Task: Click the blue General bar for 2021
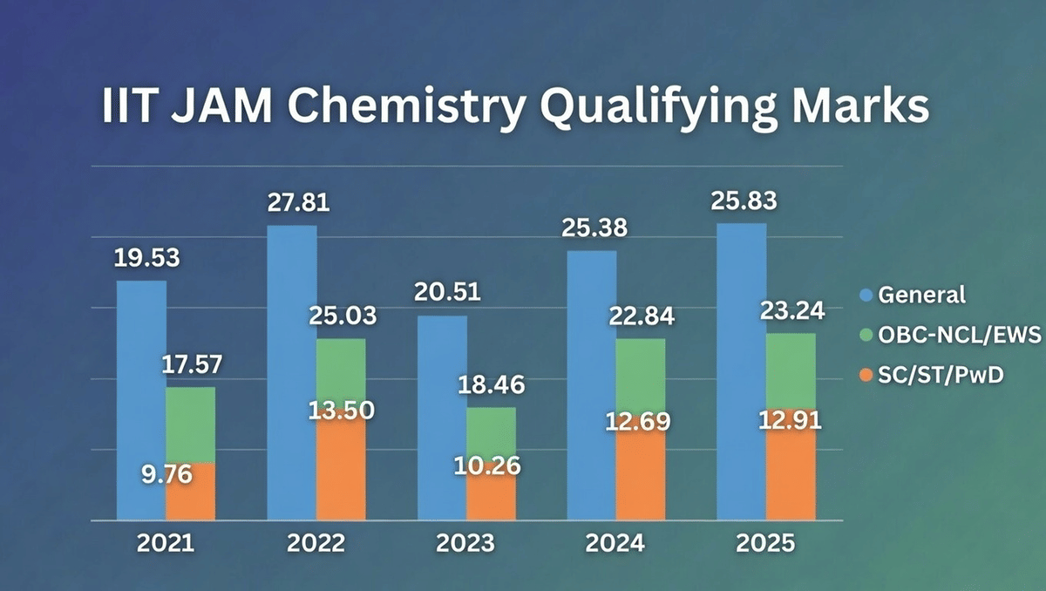[141, 401]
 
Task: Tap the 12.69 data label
[640, 423]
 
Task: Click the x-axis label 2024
[615, 544]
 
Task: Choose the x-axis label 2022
[316, 544]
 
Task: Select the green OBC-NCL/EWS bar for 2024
[641, 370]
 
